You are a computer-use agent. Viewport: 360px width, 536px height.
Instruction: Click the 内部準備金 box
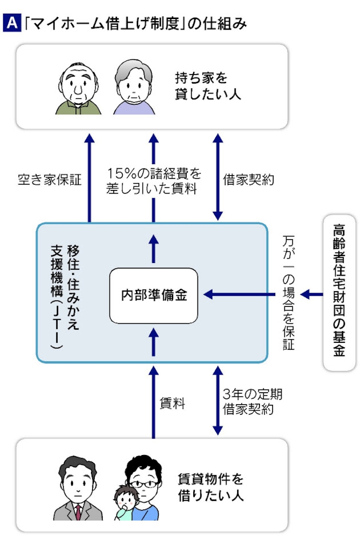(153, 295)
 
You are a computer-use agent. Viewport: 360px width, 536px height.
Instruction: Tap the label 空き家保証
(49, 180)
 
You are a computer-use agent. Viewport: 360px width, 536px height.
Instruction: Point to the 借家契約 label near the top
(248, 180)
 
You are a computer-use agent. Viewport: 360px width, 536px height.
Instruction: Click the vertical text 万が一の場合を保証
(289, 294)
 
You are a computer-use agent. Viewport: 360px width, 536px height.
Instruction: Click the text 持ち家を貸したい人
(208, 87)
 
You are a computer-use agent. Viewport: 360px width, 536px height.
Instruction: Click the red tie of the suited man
(78, 511)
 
